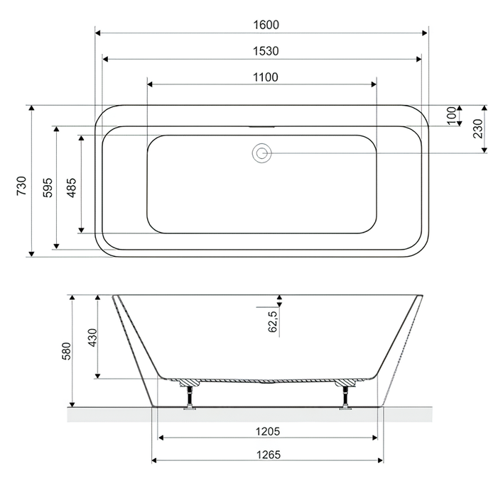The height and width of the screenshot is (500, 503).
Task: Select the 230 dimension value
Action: [477, 128]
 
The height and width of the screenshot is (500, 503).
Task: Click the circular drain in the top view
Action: [261, 152]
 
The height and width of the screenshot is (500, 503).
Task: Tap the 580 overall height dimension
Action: [65, 351]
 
